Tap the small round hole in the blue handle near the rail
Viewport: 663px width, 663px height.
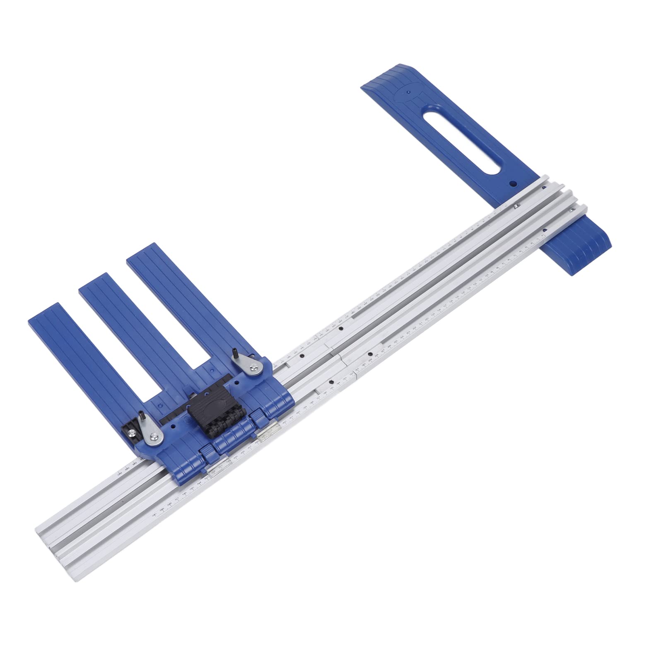(512, 183)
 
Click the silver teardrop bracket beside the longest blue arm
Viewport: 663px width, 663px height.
(250, 364)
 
